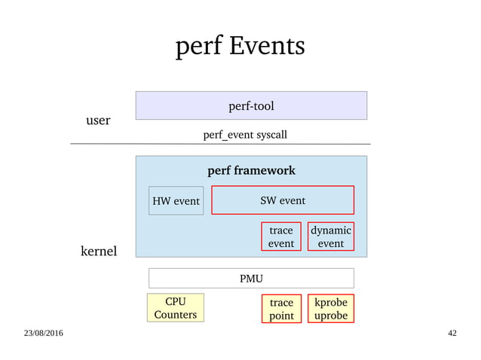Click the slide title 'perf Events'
click(x=240, y=47)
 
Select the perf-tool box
click(x=251, y=105)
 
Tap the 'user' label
click(x=98, y=121)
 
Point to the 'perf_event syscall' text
click(x=245, y=135)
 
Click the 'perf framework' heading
click(x=251, y=170)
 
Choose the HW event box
click(x=176, y=201)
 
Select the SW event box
click(x=282, y=200)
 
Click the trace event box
click(x=281, y=236)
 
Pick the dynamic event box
click(x=330, y=236)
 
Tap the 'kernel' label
click(x=99, y=251)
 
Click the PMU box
click(x=251, y=279)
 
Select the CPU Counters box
click(x=175, y=308)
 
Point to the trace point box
click(x=281, y=309)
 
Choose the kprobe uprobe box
click(x=330, y=309)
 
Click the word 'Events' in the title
click(x=268, y=47)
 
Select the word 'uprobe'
click(x=330, y=316)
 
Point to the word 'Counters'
click(x=175, y=314)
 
